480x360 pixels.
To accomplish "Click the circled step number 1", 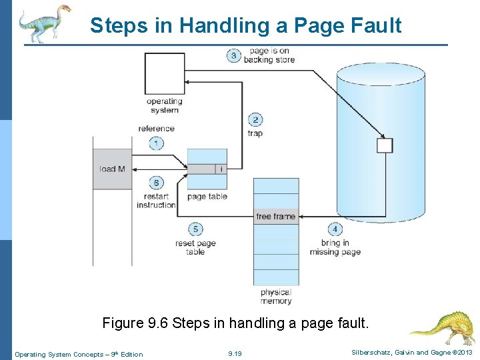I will point(157,143).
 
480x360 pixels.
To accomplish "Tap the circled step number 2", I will point(255,120).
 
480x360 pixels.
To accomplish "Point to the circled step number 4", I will point(335,229).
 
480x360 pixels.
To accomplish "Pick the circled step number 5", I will point(195,229).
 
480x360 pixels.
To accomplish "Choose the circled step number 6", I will point(157,183).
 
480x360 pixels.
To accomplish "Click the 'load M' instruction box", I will point(113,169).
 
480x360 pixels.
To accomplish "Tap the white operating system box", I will point(164,73).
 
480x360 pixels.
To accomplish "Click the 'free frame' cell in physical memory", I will point(275,217).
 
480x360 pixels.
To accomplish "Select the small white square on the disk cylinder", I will point(385,145).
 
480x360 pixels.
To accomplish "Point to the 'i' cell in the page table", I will point(221,169).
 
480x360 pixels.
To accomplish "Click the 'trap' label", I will point(255,133).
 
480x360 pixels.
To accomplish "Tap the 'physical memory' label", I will point(276,297).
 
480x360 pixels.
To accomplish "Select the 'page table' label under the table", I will point(207,197).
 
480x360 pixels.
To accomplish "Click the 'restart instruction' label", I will point(156,201).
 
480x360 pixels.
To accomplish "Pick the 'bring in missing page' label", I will point(335,247).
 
